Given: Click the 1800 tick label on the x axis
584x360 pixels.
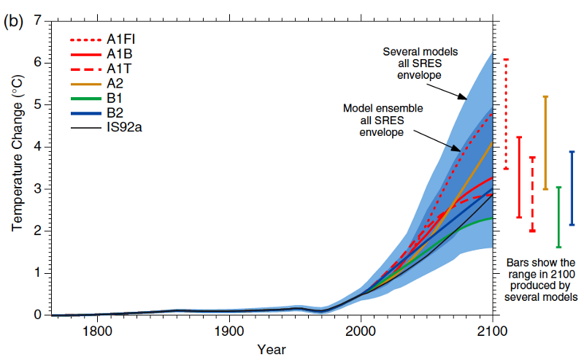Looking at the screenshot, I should (97, 329).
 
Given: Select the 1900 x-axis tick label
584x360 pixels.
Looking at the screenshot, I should (229, 329).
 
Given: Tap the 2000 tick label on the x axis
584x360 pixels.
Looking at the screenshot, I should (361, 329).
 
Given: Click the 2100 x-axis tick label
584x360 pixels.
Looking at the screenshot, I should (493, 329).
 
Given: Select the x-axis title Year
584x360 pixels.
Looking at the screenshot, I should (271, 349).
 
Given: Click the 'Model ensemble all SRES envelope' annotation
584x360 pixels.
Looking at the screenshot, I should (383, 120).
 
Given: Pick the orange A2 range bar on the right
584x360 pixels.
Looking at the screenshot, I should (545, 142).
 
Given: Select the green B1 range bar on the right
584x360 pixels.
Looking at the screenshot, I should (558, 217).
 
